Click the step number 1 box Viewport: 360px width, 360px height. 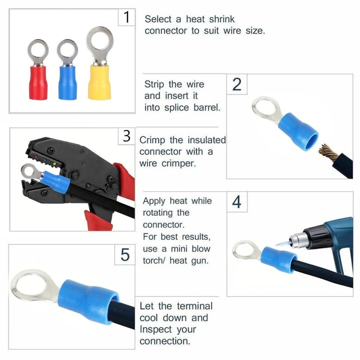click(126, 18)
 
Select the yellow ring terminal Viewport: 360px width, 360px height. click(100, 81)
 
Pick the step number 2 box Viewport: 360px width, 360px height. click(237, 85)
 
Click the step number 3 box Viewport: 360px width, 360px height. click(126, 136)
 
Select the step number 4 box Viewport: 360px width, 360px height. click(237, 202)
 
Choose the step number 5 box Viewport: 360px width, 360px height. click(125, 255)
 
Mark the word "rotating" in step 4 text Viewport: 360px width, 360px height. click(160, 212)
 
